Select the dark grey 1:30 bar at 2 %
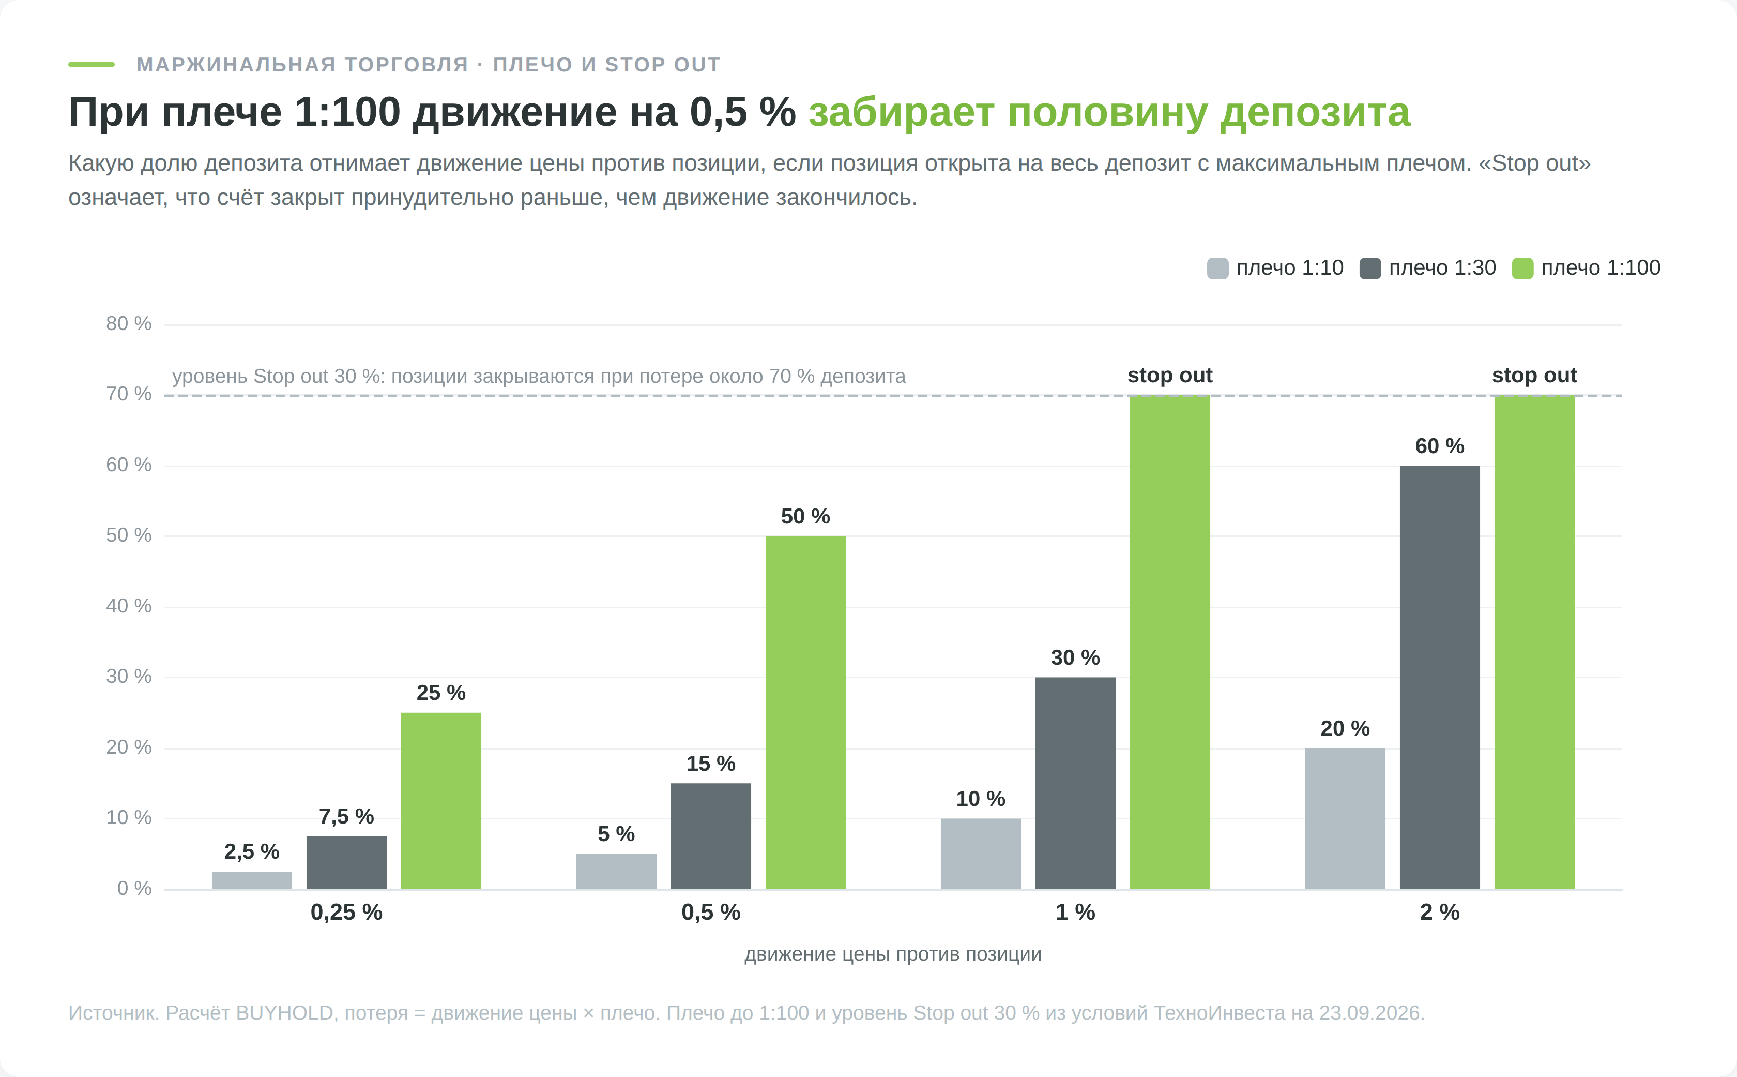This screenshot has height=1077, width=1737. point(1439,678)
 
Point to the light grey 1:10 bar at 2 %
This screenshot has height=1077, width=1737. point(1345,818)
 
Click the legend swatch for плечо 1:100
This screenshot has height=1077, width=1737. point(1522,268)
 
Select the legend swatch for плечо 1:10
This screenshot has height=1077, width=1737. point(1217,268)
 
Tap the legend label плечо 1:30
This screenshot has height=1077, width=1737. point(1442,268)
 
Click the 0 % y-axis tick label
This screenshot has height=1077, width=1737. point(134,888)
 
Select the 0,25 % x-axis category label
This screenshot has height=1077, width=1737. point(347,913)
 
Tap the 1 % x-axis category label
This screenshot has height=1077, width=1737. point(1075,913)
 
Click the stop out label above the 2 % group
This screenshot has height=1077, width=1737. point(1534,376)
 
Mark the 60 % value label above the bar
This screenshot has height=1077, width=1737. point(1439,446)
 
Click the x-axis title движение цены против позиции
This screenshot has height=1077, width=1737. point(893,954)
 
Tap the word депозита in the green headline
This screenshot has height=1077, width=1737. point(1315,113)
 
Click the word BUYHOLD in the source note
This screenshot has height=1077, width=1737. point(285,1013)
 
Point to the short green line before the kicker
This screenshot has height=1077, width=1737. point(91,64)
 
